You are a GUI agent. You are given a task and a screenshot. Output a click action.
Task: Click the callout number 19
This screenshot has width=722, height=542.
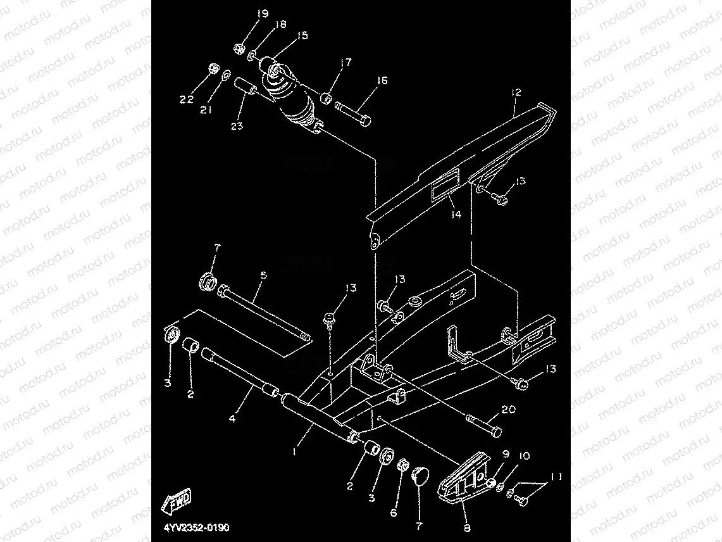[x=261, y=13]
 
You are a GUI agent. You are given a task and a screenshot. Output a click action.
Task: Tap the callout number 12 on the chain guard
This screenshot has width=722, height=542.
[x=516, y=92]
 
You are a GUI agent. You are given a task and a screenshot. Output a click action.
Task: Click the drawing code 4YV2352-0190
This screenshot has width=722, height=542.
[x=190, y=527]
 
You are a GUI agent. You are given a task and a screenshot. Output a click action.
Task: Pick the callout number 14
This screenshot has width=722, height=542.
[x=456, y=214]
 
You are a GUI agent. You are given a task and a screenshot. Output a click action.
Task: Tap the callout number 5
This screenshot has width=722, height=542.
[x=263, y=275]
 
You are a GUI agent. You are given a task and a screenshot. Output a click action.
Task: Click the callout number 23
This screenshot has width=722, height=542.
[x=236, y=126]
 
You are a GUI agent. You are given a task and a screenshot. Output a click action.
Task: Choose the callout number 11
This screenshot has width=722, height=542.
[x=555, y=476]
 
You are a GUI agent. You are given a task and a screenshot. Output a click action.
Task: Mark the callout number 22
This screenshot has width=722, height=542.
[x=185, y=99]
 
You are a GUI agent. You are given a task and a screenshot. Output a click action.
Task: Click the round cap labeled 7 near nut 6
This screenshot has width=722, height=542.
[x=420, y=476]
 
